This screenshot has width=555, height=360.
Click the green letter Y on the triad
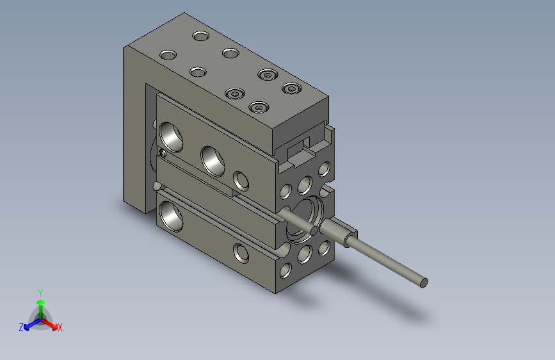[x=40, y=291]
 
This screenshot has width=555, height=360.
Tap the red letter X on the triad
[x=60, y=327]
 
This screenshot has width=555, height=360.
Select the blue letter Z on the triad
[x=21, y=327]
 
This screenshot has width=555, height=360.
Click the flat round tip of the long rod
[x=423, y=282]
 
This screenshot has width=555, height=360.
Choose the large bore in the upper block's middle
[x=213, y=160]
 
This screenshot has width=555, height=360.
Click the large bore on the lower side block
[x=172, y=215]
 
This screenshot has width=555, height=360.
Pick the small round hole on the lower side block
[x=242, y=252]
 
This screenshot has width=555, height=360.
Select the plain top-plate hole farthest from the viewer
[x=202, y=35]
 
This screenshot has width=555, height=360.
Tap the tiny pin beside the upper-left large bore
[x=163, y=153]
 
